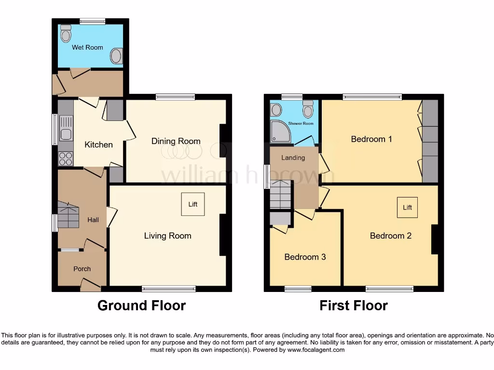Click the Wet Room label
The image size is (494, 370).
click(x=87, y=47)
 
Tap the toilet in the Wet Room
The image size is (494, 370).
click(x=66, y=34)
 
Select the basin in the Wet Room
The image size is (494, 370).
click(x=116, y=56)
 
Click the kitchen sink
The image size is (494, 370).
click(x=65, y=134)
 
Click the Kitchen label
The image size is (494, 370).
click(x=98, y=145)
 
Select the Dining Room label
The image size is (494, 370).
click(x=176, y=141)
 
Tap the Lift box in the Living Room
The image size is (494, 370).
click(x=193, y=204)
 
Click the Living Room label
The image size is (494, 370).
click(x=167, y=236)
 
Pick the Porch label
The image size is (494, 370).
click(x=82, y=269)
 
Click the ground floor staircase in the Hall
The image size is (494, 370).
click(x=68, y=215)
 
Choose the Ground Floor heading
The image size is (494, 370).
click(x=141, y=305)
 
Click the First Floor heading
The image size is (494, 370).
click(x=354, y=305)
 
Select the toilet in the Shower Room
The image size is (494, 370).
click(x=308, y=110)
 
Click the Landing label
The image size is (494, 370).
click(x=293, y=158)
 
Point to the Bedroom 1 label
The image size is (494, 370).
click(x=371, y=139)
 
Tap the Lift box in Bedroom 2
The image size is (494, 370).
click(x=408, y=208)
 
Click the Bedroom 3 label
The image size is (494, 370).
click(x=305, y=257)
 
